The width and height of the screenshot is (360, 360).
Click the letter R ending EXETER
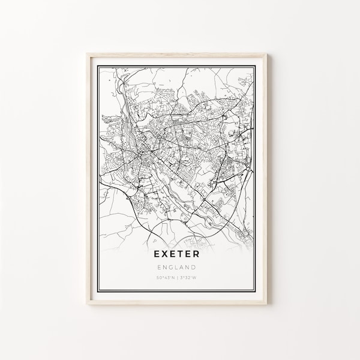click(199, 238)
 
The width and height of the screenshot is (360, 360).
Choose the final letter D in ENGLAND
click(196, 251)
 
